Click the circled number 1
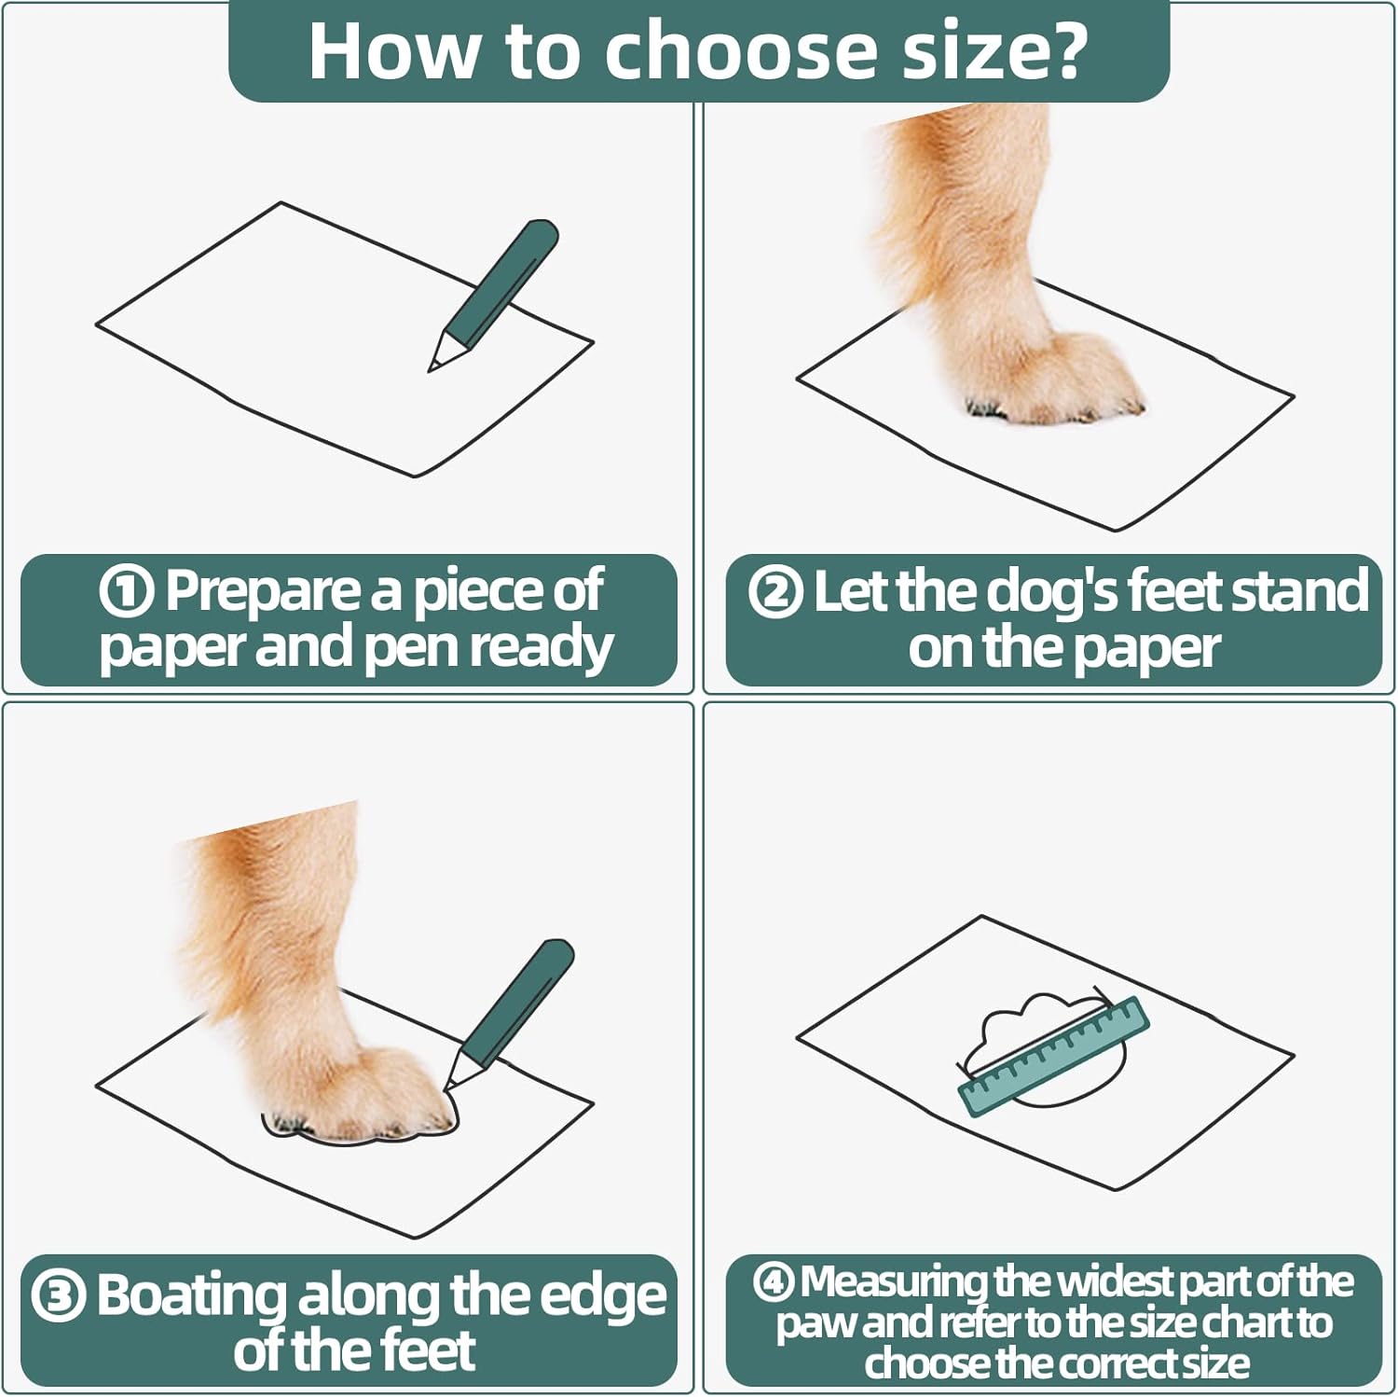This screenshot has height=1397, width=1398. tap(126, 592)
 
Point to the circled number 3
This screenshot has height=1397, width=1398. tap(59, 1296)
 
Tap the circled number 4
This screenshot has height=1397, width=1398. tap(773, 1283)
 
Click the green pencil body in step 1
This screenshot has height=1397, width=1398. tap(502, 280)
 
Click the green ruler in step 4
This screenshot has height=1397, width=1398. tap(1054, 1056)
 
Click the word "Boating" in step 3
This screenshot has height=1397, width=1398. tap(191, 1296)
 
